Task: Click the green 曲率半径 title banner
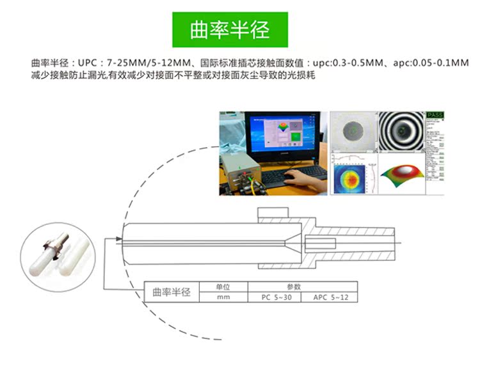[x=230, y=29]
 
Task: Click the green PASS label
[x=434, y=115]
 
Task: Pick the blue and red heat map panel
[x=353, y=174]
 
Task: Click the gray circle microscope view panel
[x=353, y=132]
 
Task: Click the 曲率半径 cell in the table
[x=171, y=292]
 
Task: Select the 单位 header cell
[x=223, y=287]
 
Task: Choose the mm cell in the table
[x=223, y=297]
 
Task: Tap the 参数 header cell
[x=302, y=287]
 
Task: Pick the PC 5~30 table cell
[x=276, y=297]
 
